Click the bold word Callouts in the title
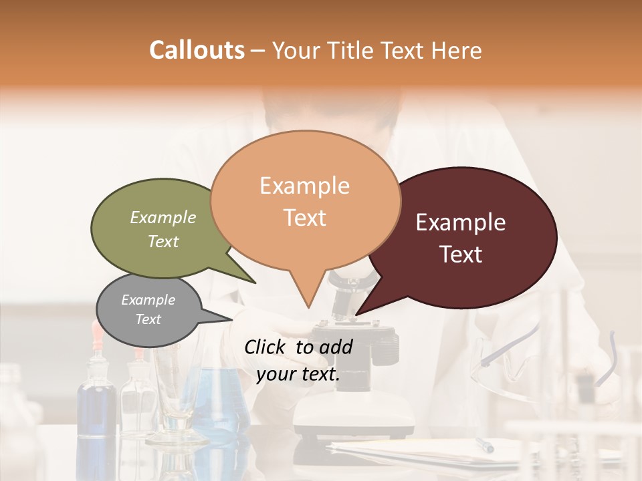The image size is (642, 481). click(197, 50)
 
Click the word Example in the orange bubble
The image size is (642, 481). click(304, 186)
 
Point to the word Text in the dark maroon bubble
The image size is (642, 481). click(461, 255)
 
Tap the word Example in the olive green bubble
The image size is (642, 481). click(163, 218)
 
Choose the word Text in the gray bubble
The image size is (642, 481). click(148, 319)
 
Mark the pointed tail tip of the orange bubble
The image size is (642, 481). click(308, 307)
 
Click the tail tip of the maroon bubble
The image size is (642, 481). click(356, 314)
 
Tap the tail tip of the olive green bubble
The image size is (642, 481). click(255, 283)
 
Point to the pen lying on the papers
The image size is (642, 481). click(484, 445)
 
